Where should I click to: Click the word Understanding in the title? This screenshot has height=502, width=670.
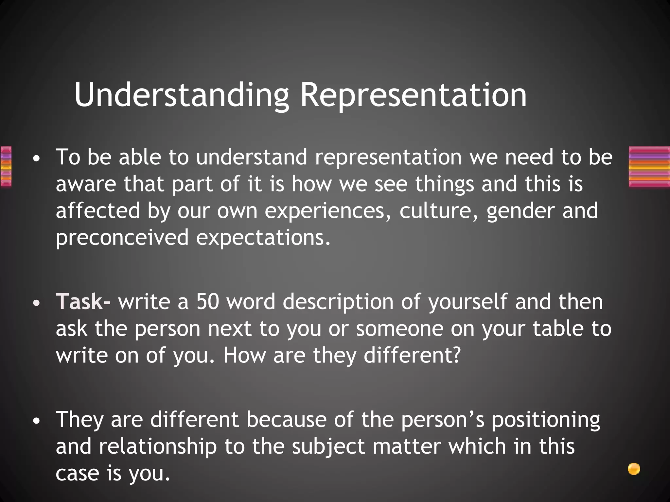pos(182,95)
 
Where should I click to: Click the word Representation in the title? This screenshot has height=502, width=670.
pos(414,95)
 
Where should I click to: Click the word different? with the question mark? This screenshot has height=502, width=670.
pos(412,355)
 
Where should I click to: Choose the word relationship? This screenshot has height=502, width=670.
pos(158,447)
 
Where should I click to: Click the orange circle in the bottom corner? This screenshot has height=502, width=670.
pos(634,469)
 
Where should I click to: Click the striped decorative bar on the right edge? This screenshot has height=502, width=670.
pos(649,167)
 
